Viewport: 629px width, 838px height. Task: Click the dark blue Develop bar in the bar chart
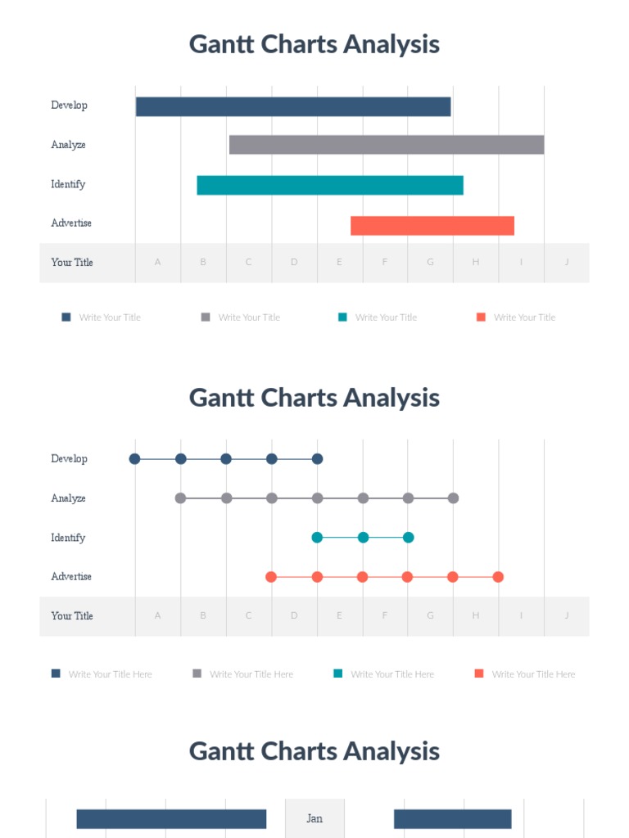(293, 106)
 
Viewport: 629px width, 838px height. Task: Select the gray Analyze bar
(386, 145)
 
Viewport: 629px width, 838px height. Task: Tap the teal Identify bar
(330, 185)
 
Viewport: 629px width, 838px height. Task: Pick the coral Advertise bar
(432, 226)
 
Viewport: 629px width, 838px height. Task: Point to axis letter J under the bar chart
(566, 262)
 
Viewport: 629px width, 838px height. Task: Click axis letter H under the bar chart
(475, 262)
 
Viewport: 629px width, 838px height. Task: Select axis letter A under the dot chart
(158, 615)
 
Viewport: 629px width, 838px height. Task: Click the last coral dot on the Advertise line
(498, 577)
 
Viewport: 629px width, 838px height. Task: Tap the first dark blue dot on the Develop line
(135, 459)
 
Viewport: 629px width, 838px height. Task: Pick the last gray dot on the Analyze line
(453, 498)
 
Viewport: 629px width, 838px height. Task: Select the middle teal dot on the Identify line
(363, 538)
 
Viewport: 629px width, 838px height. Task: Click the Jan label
(314, 818)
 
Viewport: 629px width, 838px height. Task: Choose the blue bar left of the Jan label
(171, 819)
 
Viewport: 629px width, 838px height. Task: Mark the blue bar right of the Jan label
(452, 819)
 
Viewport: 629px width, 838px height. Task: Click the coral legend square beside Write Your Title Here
(479, 674)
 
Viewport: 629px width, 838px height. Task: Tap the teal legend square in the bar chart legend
(342, 317)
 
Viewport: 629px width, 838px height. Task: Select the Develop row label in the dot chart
(69, 459)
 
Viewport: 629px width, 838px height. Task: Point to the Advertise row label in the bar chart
(71, 223)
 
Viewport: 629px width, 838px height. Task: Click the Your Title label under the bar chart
(72, 262)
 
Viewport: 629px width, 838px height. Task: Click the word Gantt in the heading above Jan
(221, 751)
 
